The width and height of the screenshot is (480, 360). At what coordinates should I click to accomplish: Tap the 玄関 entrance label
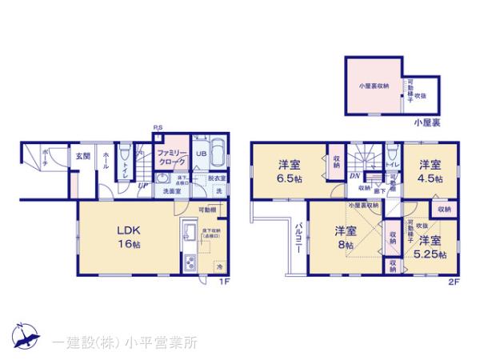(x=83, y=157)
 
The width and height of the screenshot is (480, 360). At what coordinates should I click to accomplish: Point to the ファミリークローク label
(x=170, y=156)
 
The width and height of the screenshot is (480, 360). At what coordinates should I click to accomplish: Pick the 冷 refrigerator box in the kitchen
(x=218, y=266)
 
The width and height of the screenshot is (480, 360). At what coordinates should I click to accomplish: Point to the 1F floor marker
(x=226, y=281)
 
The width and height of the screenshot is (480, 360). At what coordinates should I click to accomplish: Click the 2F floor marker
(x=453, y=281)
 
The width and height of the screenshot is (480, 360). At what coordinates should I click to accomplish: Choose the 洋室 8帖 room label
(x=345, y=238)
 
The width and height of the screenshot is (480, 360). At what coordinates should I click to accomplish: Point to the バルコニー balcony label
(x=297, y=238)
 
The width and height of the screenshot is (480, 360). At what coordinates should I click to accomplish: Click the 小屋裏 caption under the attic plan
(x=426, y=123)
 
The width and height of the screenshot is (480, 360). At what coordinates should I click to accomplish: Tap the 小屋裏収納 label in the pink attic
(x=374, y=85)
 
